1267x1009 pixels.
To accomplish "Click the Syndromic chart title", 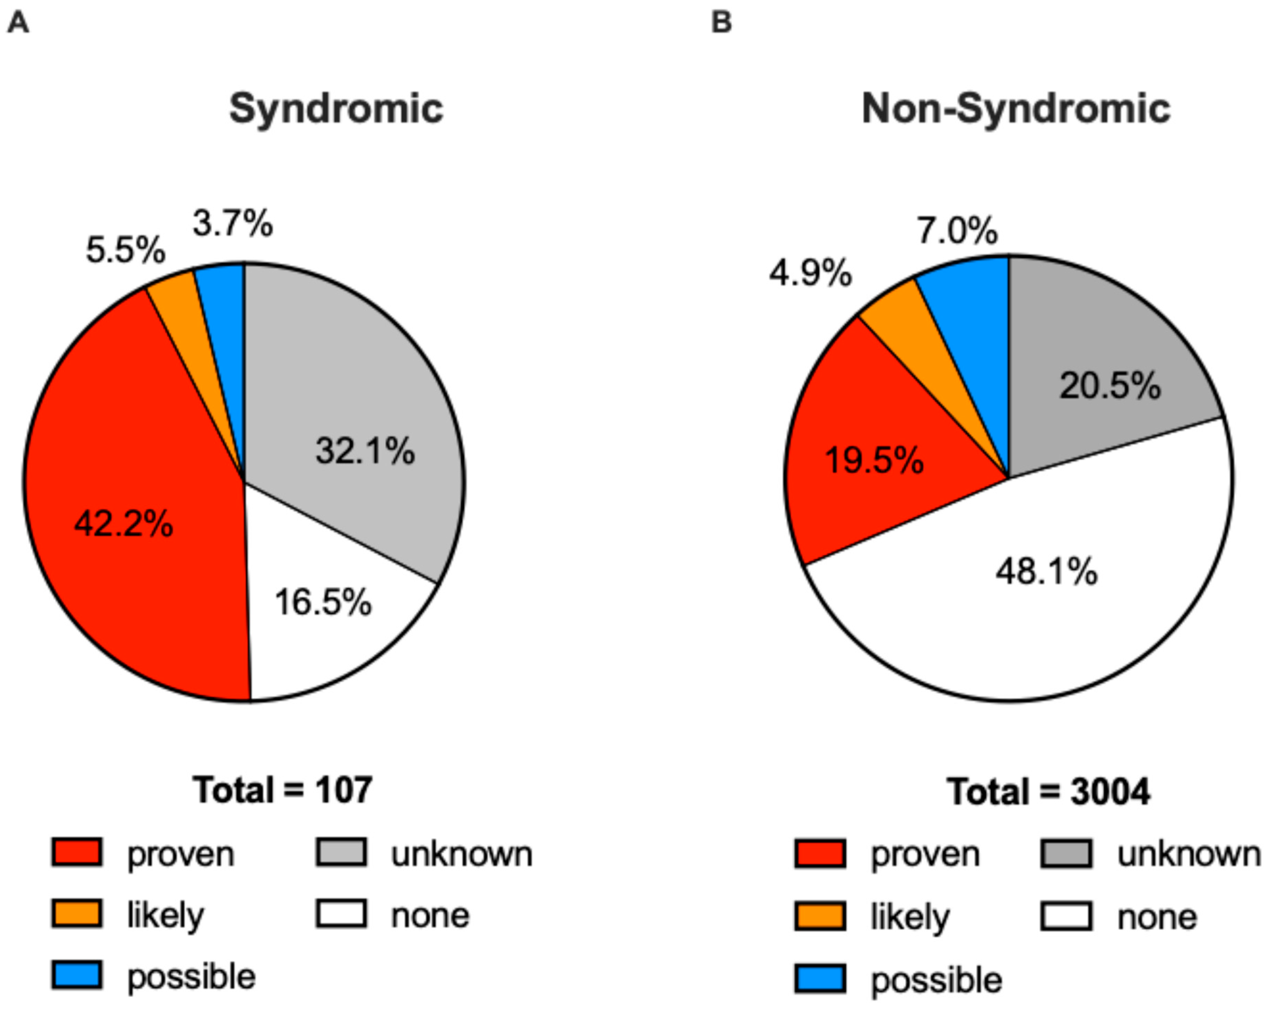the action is tap(336, 110).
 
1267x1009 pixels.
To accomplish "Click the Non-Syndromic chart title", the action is tap(1016, 110).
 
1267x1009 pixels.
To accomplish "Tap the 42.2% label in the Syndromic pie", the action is tap(123, 523).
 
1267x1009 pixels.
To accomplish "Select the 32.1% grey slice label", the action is tap(365, 450).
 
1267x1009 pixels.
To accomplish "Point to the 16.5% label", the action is tap(323, 602).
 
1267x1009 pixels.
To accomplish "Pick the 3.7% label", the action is tap(233, 224).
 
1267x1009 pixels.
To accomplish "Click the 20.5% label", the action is tap(1110, 386).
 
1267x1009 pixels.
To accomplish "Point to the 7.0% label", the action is tap(957, 229).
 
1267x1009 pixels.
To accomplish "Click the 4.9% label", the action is tap(810, 273).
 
